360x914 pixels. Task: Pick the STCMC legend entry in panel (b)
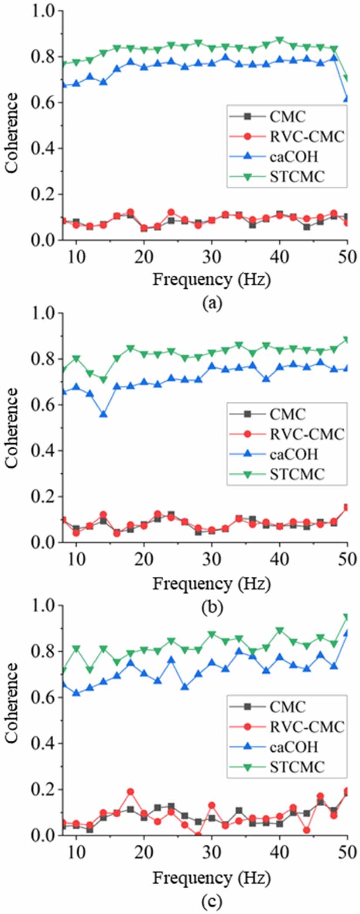pos(297,474)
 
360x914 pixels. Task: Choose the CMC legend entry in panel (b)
pos(288,414)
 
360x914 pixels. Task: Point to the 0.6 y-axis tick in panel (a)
pos(46,103)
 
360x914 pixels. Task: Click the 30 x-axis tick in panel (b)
pos(212,559)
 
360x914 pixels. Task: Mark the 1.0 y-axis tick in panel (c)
pos(46,606)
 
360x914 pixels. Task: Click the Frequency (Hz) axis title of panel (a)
pos(211,279)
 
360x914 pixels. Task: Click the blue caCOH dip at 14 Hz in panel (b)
pos(103,414)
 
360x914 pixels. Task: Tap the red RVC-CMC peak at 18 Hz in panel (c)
pos(130,792)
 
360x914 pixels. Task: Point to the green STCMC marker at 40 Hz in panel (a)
pos(279,40)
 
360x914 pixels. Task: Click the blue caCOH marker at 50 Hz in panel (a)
pos(347,99)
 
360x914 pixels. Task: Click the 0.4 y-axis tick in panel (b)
pos(46,451)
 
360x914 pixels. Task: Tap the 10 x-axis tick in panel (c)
pos(76,852)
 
